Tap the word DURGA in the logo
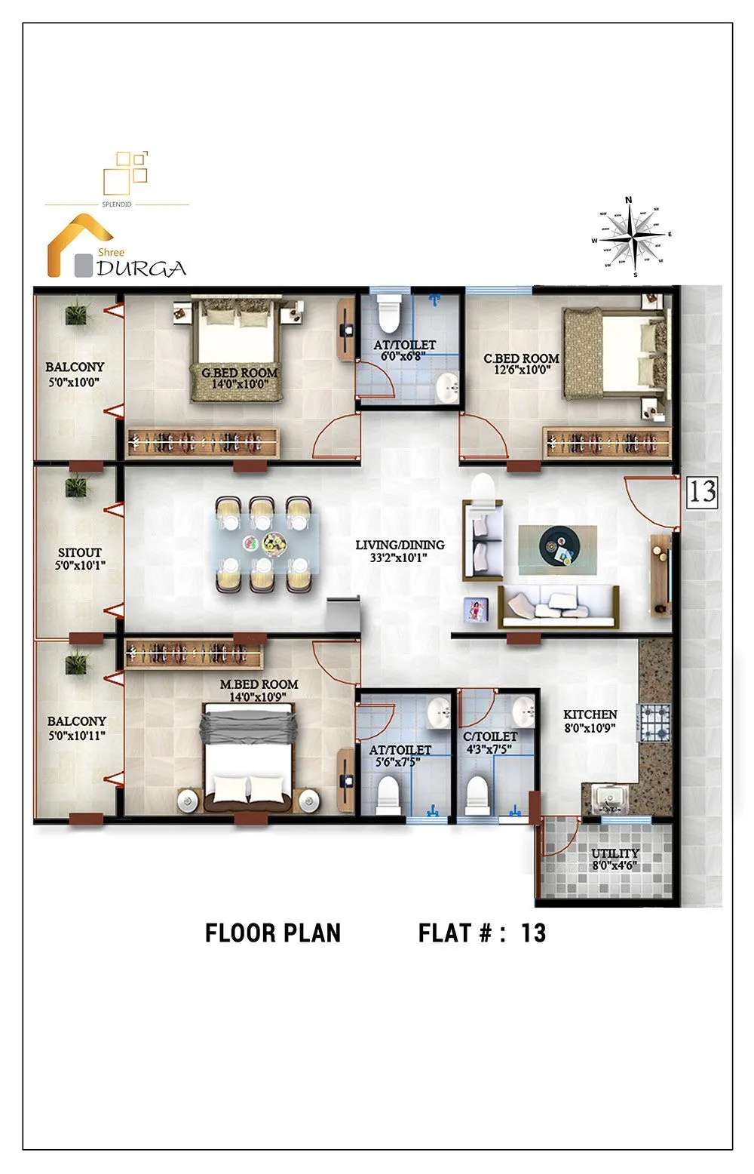[142, 269]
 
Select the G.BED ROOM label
[239, 373]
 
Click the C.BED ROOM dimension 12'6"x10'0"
[522, 370]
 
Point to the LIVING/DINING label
[400, 545]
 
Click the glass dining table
[264, 543]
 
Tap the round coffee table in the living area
[559, 544]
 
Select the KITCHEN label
[590, 715]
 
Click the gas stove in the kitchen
[654, 722]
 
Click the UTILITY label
[615, 853]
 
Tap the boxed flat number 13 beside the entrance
[701, 491]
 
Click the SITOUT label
[79, 553]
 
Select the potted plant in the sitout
[77, 487]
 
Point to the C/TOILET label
[490, 736]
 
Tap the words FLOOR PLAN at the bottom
[273, 933]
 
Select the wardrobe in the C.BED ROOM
[608, 443]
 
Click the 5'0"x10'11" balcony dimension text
[77, 735]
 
